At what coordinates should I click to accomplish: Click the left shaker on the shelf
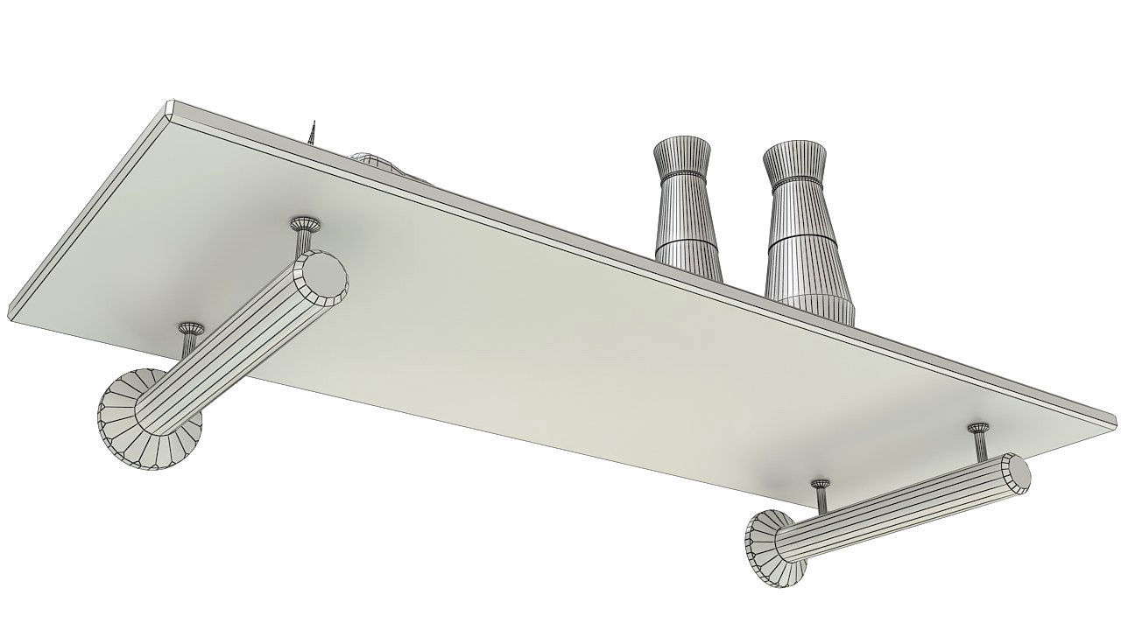pos(685,210)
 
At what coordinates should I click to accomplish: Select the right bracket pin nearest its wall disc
pos(821,495)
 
